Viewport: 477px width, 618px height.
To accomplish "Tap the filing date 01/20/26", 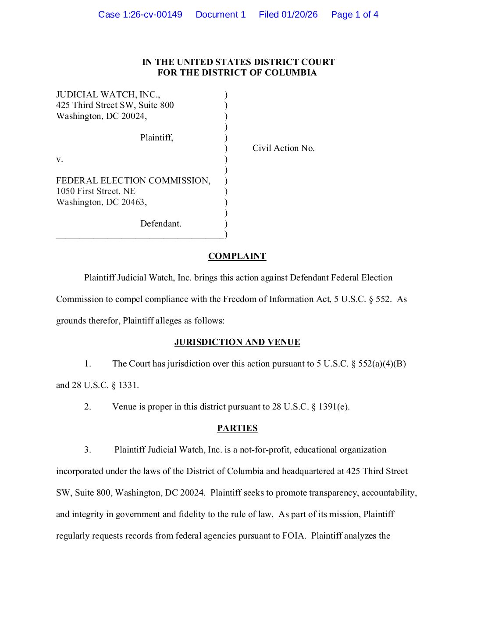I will (299, 14).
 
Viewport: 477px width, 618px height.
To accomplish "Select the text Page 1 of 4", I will (355, 14).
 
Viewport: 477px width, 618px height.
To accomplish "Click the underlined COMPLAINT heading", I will (237, 256).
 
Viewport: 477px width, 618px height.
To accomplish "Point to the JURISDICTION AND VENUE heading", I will (237, 342).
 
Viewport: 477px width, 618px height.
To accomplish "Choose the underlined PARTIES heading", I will (237, 428).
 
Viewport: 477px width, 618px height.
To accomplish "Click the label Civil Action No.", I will (283, 148).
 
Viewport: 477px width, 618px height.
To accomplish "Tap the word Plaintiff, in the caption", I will (157, 138).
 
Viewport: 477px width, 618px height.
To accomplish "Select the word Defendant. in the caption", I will (160, 224).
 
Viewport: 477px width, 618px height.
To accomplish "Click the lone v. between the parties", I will (60, 159).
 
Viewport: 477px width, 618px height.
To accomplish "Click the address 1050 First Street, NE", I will (96, 191).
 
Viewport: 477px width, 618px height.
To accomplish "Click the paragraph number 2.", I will (88, 407).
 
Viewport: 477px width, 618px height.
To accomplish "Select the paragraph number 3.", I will (88, 450).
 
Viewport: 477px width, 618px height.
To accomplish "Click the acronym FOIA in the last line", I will (294, 536).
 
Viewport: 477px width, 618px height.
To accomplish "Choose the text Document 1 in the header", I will (221, 14).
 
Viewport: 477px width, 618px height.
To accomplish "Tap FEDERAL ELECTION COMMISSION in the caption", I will (133, 181).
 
